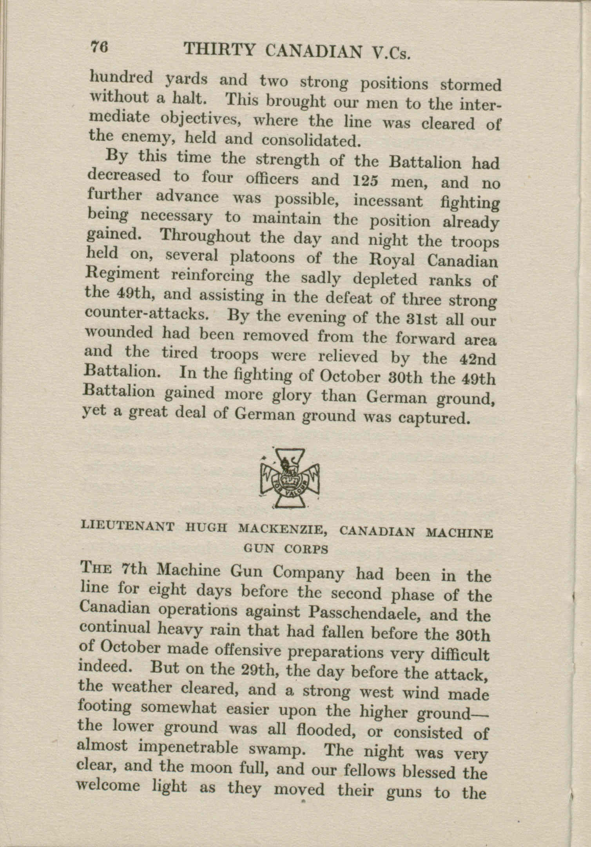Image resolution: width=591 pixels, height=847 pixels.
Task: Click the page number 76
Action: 100,49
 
